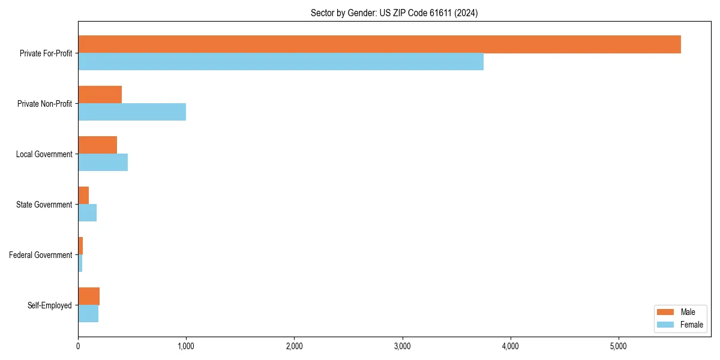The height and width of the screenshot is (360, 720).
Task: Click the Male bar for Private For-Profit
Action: click(x=379, y=44)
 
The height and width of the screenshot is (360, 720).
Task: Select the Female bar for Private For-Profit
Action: click(x=281, y=62)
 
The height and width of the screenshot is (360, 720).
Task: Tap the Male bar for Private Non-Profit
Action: click(x=100, y=95)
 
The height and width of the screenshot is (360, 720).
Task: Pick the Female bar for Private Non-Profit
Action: click(x=132, y=112)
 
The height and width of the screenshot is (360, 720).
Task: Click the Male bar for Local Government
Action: click(x=97, y=145)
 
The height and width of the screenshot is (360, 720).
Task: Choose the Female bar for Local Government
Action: click(x=103, y=163)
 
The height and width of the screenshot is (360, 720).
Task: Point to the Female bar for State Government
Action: click(x=87, y=213)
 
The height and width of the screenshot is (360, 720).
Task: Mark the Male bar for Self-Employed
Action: click(x=89, y=296)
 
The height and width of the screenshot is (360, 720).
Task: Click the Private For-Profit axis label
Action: click(x=46, y=53)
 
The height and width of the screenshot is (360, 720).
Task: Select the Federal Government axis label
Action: click(x=41, y=255)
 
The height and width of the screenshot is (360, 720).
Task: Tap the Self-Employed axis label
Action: click(x=50, y=305)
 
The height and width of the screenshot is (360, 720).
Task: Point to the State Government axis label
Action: click(x=44, y=205)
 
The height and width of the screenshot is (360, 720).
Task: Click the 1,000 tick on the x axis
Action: click(x=186, y=346)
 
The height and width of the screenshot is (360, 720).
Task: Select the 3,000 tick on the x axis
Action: click(x=402, y=346)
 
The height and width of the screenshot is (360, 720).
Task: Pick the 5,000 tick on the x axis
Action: click(x=619, y=346)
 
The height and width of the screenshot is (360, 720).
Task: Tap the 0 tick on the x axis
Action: click(x=78, y=346)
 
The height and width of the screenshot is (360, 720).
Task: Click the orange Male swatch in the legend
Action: click(x=666, y=312)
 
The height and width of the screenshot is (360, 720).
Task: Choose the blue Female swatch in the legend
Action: click(x=666, y=325)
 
